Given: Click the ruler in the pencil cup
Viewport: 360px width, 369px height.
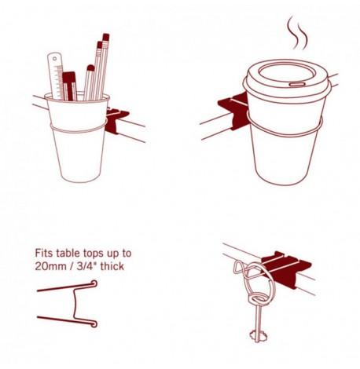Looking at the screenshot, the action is pyautogui.click(x=55, y=76).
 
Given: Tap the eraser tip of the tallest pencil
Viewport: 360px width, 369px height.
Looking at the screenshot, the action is pyautogui.click(x=106, y=37).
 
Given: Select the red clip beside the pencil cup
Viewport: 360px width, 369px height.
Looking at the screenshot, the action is pyautogui.click(x=116, y=120).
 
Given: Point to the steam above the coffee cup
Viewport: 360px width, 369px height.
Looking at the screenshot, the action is pyautogui.click(x=297, y=33).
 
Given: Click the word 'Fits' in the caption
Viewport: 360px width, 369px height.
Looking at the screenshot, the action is pyautogui.click(x=44, y=253).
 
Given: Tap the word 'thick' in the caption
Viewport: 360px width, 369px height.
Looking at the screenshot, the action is pyautogui.click(x=112, y=266).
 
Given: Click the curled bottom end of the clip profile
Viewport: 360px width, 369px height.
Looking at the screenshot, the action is pyautogui.click(x=94, y=324).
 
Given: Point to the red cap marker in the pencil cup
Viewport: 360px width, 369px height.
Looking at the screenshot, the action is pyautogui.click(x=69, y=86).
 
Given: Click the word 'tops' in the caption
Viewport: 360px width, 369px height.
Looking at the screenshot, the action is pyautogui.click(x=94, y=254).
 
